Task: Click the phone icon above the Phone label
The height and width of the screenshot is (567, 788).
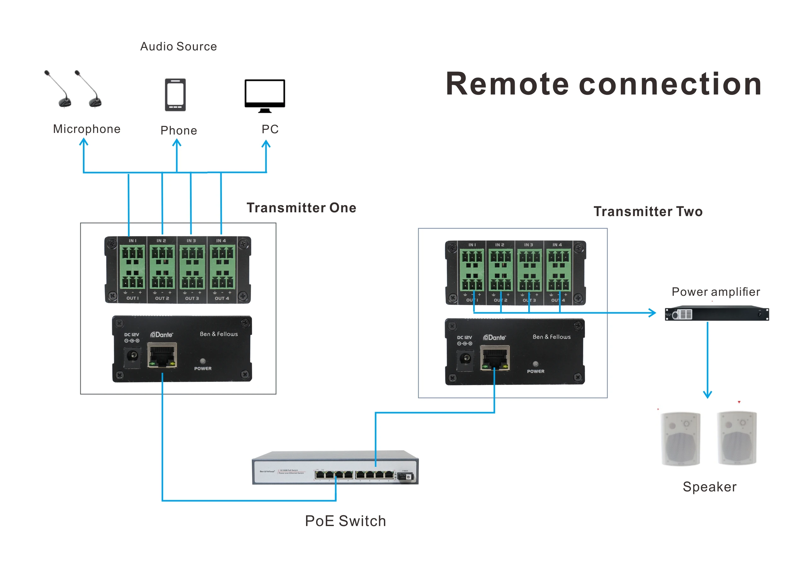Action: (175, 95)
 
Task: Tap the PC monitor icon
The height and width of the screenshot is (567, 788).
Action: (265, 95)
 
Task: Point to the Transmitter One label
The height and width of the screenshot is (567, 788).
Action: (301, 208)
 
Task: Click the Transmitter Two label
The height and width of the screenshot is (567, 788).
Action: (648, 211)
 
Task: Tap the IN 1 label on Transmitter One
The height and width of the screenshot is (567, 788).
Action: (132, 241)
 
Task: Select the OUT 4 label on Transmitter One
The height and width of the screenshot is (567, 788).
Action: (222, 298)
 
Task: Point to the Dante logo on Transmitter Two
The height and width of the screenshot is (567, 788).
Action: (495, 337)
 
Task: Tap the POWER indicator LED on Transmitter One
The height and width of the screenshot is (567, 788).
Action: (203, 361)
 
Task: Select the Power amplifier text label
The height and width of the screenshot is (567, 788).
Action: (716, 292)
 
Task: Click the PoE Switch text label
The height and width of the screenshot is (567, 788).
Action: (345, 521)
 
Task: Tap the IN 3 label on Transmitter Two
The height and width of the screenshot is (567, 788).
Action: (529, 245)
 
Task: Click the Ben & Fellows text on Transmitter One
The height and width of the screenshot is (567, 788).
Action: (218, 334)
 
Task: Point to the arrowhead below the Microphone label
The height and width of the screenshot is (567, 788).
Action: (84, 142)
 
